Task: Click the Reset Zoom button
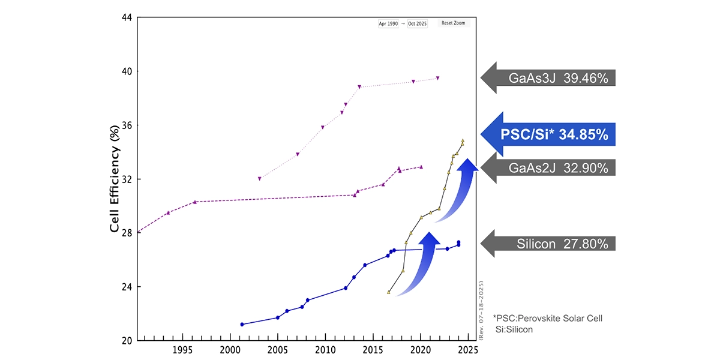click(x=453, y=23)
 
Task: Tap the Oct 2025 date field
click(x=418, y=23)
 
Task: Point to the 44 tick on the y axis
click(x=126, y=17)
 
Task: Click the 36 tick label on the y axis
click(x=126, y=125)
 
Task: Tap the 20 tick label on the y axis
click(x=126, y=341)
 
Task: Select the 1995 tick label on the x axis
click(x=182, y=350)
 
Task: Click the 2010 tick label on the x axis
click(x=325, y=350)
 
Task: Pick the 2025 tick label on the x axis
click(x=467, y=350)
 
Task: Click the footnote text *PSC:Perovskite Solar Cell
click(x=547, y=318)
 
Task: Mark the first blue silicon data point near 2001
click(x=242, y=324)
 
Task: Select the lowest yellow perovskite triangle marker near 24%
click(x=389, y=292)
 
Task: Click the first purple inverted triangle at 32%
click(x=259, y=178)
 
